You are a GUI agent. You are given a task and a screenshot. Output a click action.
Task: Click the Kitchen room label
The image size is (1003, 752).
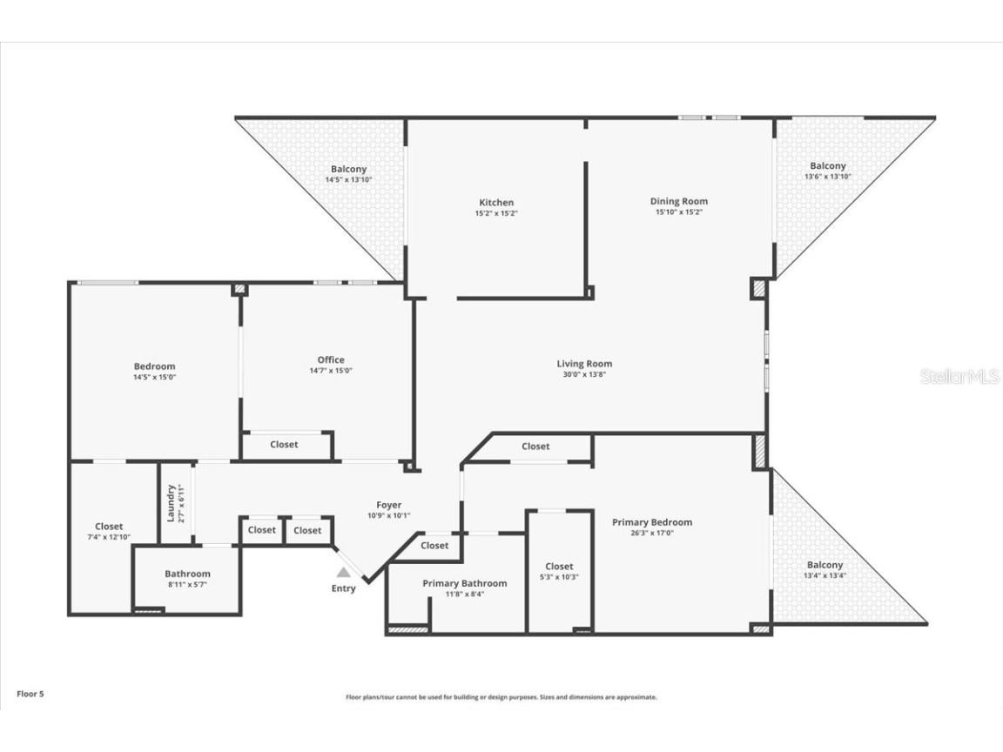[495, 203]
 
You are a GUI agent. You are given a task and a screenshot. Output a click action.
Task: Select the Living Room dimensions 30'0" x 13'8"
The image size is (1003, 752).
[584, 374]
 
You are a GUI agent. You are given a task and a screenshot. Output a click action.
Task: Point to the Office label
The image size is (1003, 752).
[331, 359]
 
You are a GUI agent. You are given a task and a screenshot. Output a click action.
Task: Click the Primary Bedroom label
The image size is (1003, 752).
[652, 522]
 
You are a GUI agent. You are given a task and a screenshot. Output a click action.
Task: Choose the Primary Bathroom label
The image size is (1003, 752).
[464, 583]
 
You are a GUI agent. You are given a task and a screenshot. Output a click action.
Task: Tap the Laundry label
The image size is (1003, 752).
[171, 503]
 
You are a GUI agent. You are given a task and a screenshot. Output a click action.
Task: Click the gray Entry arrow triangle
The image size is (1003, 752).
[344, 573]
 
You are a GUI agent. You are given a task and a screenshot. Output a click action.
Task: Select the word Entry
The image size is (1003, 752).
[344, 588]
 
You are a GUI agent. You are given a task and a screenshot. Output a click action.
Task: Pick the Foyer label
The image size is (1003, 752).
[388, 505]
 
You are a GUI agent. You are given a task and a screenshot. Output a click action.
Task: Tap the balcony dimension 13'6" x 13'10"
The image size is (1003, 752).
[827, 177]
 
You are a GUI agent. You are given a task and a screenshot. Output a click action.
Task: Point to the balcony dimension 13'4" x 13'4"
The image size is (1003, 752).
[825, 575]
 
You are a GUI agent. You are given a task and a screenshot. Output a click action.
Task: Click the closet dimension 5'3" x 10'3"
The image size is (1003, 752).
[559, 577]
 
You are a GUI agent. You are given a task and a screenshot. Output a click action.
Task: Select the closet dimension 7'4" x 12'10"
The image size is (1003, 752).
[109, 537]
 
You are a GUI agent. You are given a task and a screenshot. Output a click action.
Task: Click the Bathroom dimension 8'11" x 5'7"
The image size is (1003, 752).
[187, 585]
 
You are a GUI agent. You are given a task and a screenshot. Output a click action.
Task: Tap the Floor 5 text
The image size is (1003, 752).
[30, 694]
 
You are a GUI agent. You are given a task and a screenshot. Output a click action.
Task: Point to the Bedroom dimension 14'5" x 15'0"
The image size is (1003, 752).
[154, 377]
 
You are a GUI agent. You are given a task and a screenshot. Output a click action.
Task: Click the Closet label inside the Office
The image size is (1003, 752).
[284, 444]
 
